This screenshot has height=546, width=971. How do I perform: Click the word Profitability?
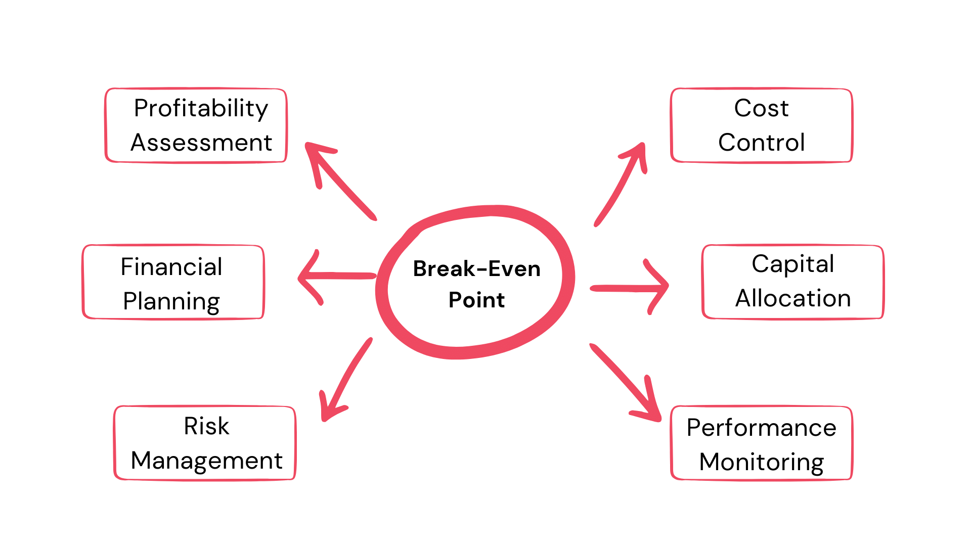(201, 109)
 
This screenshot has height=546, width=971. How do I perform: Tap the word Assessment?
(201, 143)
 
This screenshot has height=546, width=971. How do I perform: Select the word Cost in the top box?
(761, 108)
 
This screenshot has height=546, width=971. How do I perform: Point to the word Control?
(761, 143)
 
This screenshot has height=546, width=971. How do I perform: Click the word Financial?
(171, 267)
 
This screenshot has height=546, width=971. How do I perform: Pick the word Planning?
(171, 302)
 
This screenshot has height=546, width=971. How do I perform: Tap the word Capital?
(792, 264)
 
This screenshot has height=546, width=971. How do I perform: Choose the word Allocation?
(792, 298)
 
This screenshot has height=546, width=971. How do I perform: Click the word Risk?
(206, 426)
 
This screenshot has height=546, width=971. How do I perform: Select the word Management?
(206, 461)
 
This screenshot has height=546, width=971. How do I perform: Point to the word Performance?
(761, 428)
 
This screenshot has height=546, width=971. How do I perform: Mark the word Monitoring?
(761, 462)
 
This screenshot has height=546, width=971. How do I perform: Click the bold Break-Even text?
(476, 269)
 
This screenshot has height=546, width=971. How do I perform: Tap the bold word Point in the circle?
(476, 300)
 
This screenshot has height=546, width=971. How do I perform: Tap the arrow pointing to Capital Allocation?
(630, 288)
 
